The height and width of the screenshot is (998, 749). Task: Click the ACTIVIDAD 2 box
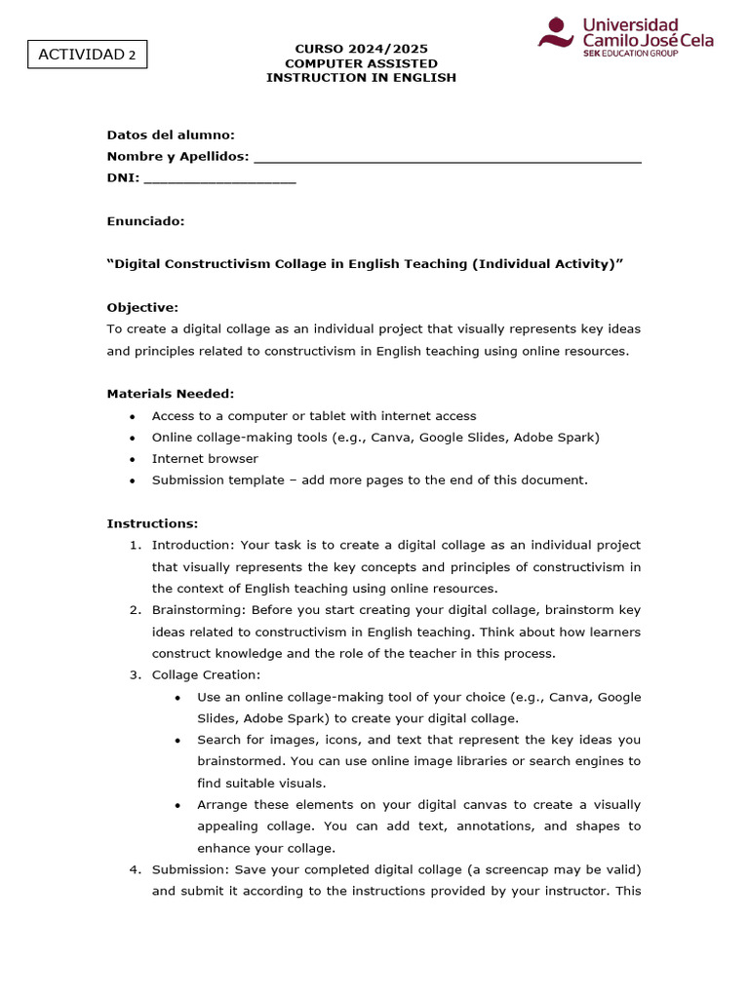coord(86,55)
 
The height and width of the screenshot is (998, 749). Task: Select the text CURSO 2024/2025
coord(361,49)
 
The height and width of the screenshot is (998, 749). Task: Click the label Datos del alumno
coord(171,135)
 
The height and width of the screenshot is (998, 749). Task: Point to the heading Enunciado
coord(145,221)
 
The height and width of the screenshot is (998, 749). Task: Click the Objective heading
coord(142,308)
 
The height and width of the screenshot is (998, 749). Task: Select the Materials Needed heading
coord(171,394)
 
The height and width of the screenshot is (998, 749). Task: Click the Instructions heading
coord(152,523)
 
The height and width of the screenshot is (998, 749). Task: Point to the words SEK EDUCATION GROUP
coord(630,53)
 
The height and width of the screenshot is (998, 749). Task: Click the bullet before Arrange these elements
coord(177,805)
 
